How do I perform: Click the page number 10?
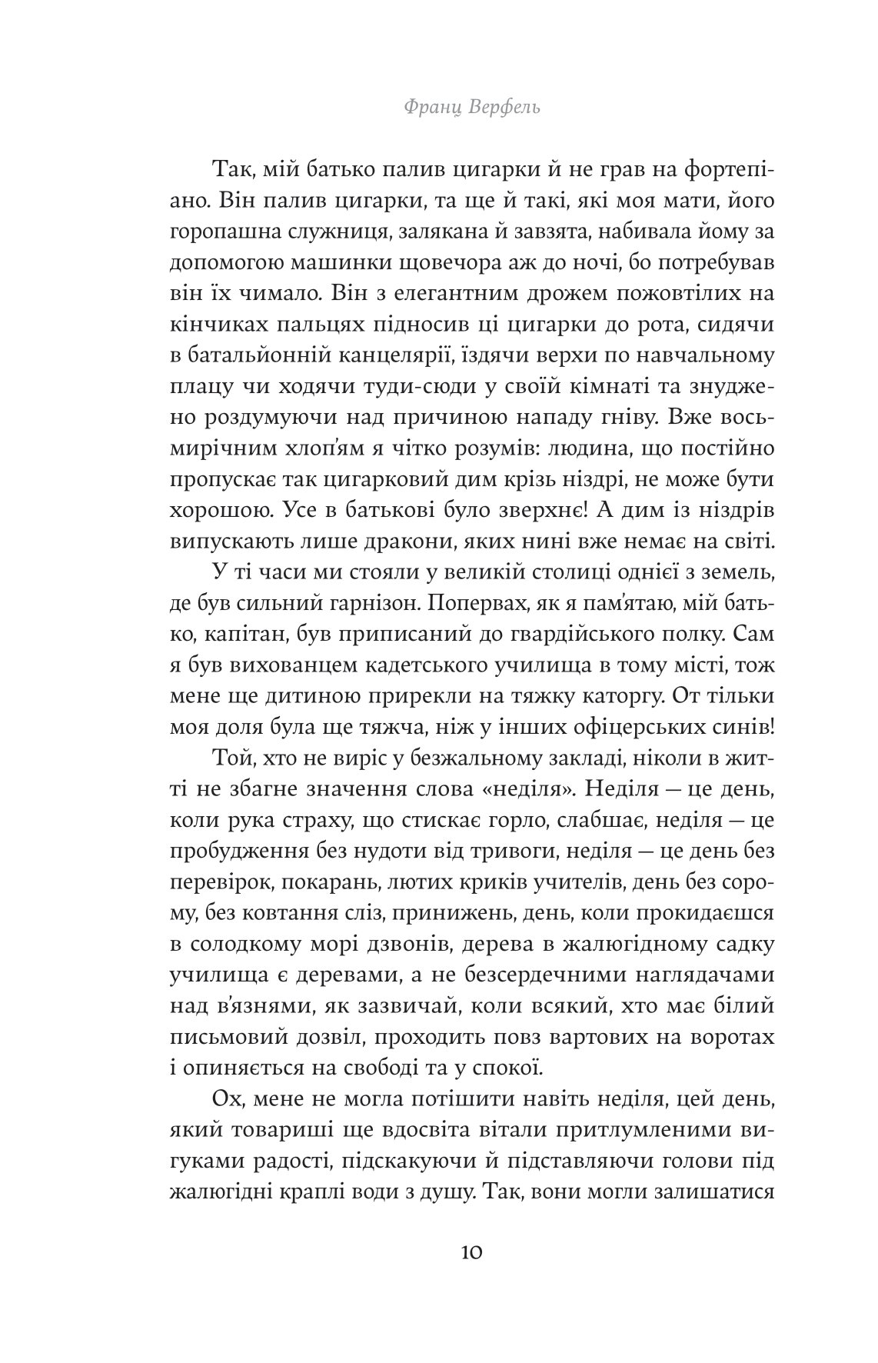[x=471, y=1252]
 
